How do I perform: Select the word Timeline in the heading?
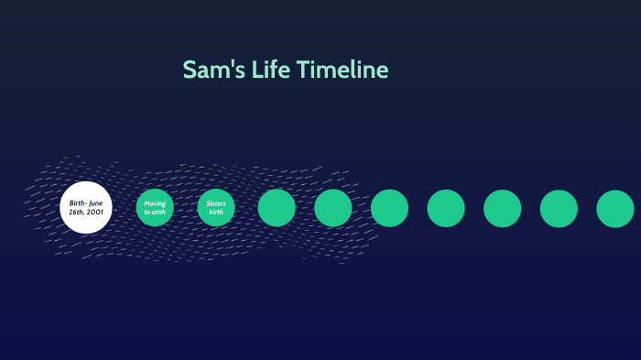[342, 71]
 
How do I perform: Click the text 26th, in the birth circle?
[77, 212]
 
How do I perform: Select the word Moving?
[155, 202]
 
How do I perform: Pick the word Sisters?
[216, 202]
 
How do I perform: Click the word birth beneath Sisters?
[216, 212]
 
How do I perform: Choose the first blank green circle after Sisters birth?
[277, 208]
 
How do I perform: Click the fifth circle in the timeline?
[333, 208]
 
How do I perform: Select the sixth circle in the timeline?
[389, 208]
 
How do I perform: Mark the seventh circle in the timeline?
[446, 208]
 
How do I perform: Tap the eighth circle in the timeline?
[503, 208]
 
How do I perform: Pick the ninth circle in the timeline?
[559, 208]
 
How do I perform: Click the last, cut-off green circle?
[615, 208]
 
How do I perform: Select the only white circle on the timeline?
[86, 207]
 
